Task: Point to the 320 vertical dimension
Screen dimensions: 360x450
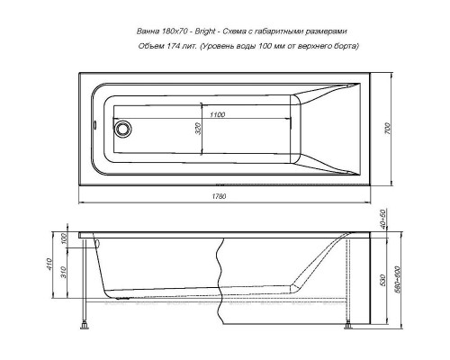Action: pyautogui.click(x=197, y=128)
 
